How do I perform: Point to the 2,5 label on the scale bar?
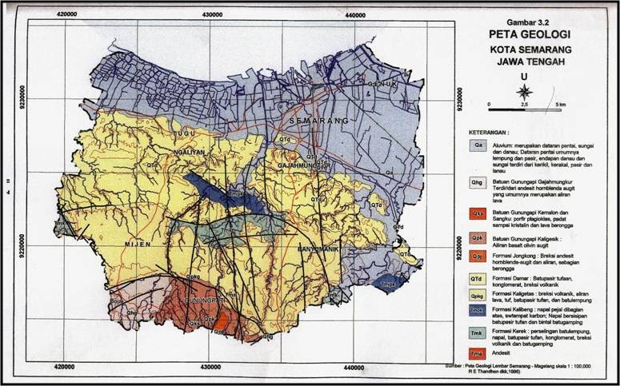click(x=525, y=105)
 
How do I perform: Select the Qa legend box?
click(x=478, y=146)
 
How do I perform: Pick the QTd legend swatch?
click(x=478, y=278)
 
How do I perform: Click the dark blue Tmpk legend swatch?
click(x=478, y=311)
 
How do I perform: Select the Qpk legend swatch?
click(x=478, y=238)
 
